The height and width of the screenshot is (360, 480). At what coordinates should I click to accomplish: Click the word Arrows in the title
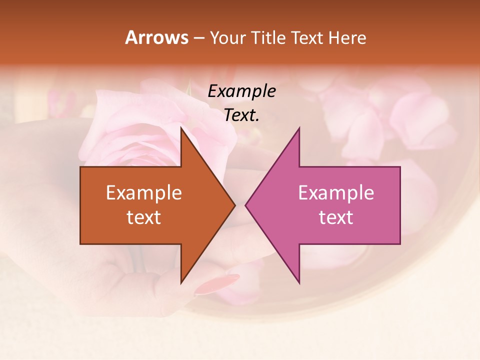[156, 37]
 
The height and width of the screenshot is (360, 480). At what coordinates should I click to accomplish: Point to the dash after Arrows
[198, 38]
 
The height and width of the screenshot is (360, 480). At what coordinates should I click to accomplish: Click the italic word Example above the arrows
[242, 91]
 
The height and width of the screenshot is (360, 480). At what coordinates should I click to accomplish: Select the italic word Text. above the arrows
[242, 115]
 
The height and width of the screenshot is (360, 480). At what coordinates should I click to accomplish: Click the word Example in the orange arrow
[144, 193]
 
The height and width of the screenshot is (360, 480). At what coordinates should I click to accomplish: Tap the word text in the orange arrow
[144, 217]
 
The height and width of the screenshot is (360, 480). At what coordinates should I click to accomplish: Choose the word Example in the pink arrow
[336, 193]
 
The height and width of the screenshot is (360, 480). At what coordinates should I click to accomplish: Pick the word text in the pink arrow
[336, 217]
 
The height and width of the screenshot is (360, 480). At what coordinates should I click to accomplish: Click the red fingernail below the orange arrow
[216, 283]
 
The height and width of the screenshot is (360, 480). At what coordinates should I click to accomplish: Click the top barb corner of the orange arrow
[181, 129]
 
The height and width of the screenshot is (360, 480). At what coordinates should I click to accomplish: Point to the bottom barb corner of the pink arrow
[299, 282]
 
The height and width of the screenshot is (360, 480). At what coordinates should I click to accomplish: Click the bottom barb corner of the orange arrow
[181, 282]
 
